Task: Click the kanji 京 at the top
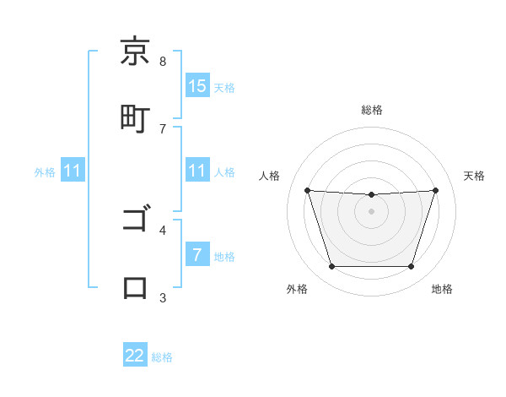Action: point(135,52)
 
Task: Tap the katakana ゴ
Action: point(135,220)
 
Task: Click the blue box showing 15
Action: point(196,85)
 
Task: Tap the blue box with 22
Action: point(135,356)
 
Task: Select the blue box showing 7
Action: point(196,255)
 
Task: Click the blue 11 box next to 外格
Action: point(73,171)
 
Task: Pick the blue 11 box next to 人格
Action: point(196,171)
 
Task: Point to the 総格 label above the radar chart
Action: point(372,110)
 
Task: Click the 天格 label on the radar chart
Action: point(474,176)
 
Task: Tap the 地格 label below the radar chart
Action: point(442,289)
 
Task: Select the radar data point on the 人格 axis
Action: point(307,190)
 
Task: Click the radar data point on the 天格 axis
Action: point(436,190)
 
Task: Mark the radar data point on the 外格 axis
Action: point(331,267)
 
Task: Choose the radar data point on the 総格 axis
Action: point(372,195)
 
